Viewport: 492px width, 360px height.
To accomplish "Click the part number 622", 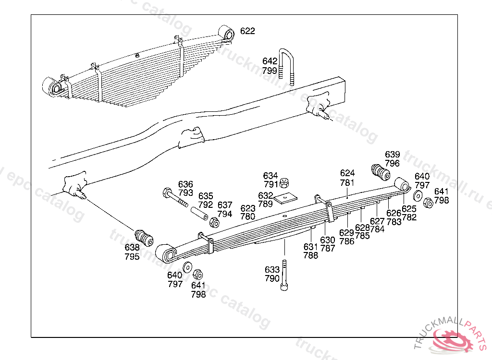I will pos(247,31).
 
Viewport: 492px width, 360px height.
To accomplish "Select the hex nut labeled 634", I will pos(284,182).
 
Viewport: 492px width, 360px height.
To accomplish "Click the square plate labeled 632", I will pos(285,197).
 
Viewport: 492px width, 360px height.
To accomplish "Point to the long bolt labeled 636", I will pos(175,198).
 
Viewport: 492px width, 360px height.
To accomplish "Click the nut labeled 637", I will pos(214,222).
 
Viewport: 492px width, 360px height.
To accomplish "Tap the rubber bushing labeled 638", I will pos(144,237).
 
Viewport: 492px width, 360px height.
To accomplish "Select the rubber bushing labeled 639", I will pos(381,172).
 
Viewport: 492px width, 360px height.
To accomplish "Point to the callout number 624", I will pos(347,173).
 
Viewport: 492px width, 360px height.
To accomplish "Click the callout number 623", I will pos(248,208).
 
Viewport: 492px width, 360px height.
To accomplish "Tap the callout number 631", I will pos(311,247).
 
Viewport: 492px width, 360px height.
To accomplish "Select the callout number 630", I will pos(328,240).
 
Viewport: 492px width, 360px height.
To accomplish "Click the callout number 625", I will pos(409,208).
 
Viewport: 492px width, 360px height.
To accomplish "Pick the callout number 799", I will pos(270,70).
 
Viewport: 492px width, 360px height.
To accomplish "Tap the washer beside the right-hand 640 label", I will pos(418,195).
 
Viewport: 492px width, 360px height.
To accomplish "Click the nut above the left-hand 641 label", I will pos(197,275).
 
